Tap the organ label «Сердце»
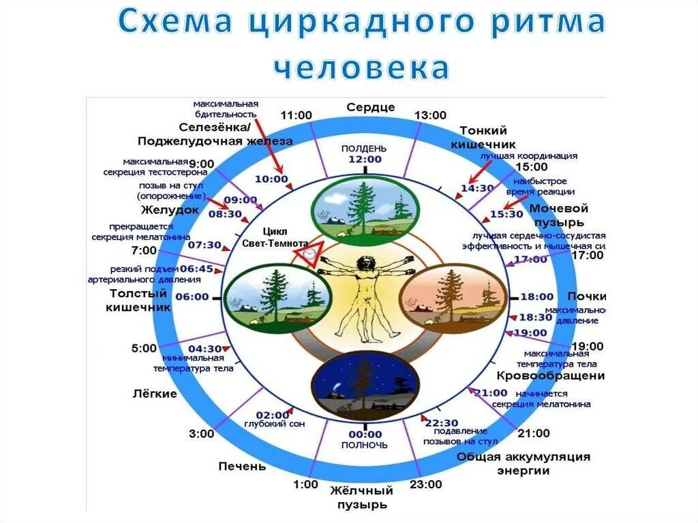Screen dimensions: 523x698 370,107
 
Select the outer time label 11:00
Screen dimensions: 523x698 295,115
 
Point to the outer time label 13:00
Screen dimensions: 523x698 430,115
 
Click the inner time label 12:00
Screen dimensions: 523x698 365,159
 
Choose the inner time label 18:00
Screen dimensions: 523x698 536,297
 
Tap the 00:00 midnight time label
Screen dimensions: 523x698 365,434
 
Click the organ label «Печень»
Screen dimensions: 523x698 242,466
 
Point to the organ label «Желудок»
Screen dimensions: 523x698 170,209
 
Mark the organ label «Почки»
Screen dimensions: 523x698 586,297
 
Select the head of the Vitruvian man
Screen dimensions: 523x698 366,262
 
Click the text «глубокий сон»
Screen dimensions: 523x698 274,423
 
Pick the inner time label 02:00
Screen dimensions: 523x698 273,414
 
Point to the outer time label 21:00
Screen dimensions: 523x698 533,433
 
